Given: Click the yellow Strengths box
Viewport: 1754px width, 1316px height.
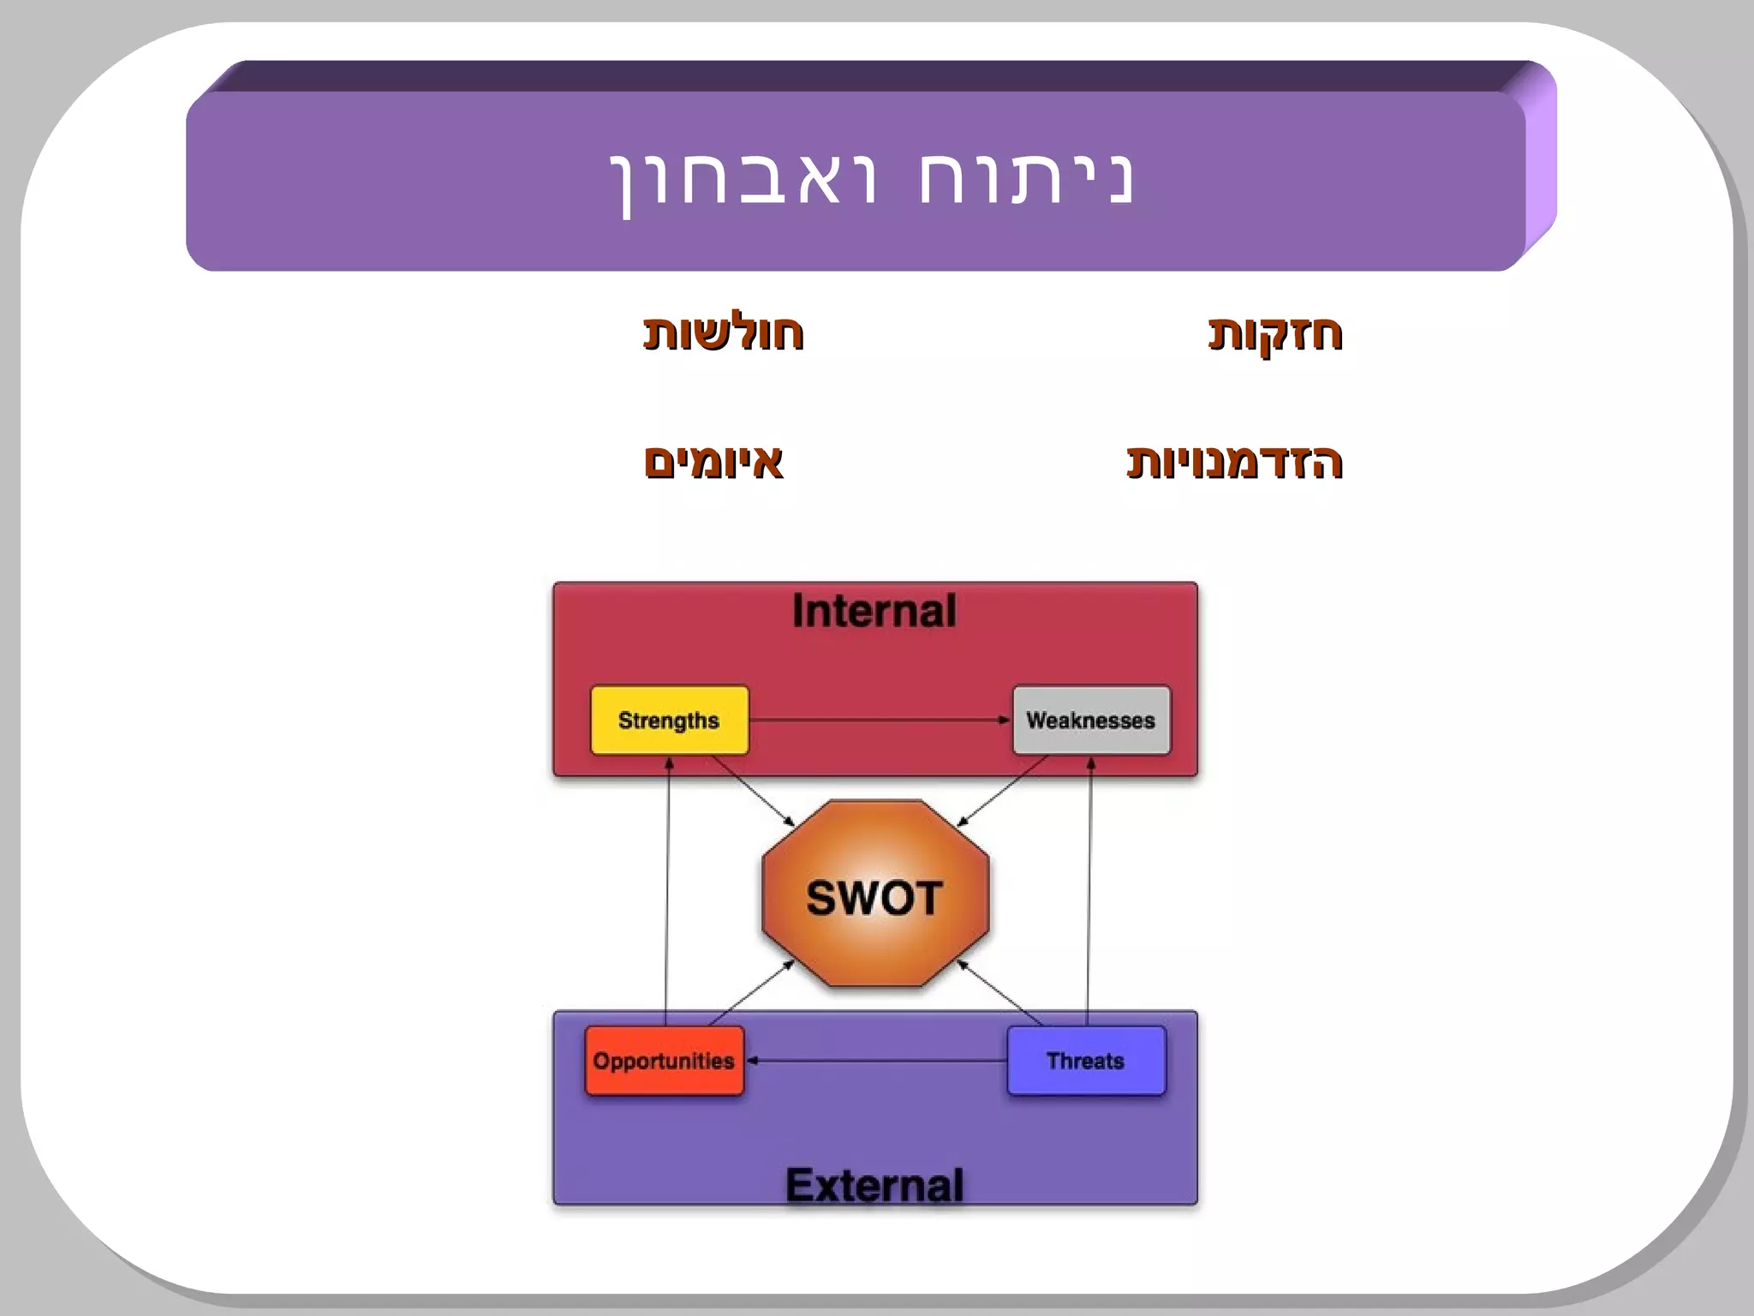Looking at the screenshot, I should [x=669, y=720].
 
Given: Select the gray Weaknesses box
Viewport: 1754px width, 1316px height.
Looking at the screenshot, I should [x=1090, y=720].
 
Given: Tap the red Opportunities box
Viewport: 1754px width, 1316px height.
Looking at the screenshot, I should [x=664, y=1061].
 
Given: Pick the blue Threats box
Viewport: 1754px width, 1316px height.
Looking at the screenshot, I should [x=1085, y=1061].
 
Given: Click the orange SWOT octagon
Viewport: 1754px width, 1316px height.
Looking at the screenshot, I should [x=874, y=895].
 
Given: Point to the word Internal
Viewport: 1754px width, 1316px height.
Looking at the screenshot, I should [x=874, y=611].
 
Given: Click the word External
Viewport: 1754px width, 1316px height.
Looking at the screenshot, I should [x=874, y=1185].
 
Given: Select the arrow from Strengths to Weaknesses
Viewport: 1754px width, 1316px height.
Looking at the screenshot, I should [x=880, y=720].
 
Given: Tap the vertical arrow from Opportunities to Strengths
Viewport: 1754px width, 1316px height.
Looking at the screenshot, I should [x=667, y=891].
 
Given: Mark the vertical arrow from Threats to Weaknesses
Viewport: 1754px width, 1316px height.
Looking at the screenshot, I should [x=1089, y=891].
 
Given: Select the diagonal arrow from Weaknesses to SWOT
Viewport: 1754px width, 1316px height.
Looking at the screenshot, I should [x=1000, y=792].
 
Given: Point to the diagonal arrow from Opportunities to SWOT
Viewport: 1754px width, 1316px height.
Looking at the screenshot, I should [x=751, y=993].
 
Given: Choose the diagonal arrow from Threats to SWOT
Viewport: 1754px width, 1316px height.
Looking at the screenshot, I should [x=1000, y=993].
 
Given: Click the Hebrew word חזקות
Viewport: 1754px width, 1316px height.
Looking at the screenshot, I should [x=1274, y=332].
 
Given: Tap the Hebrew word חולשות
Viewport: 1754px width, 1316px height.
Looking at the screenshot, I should [x=723, y=332].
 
